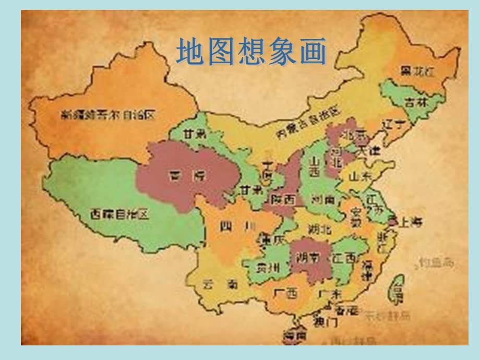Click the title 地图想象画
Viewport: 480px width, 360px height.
(x=251, y=53)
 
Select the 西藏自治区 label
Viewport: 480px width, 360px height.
(x=119, y=213)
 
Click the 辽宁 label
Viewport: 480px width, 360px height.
(x=393, y=125)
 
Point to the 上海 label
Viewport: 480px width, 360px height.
(x=410, y=222)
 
